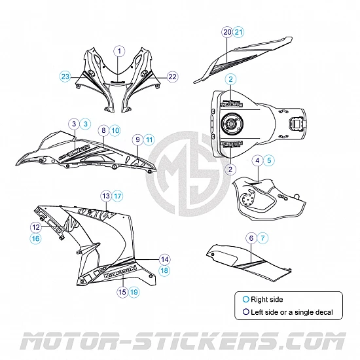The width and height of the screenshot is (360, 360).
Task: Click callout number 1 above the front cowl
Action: [x=120, y=50]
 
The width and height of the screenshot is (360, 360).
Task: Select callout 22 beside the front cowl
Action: [x=172, y=77]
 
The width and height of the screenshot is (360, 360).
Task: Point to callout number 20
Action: [x=226, y=32]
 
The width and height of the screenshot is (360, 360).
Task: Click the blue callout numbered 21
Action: [x=238, y=32]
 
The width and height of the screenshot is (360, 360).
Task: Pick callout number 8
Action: [x=103, y=131]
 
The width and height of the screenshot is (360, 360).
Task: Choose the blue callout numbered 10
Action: [x=115, y=131]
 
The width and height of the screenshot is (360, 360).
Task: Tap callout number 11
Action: [x=149, y=139]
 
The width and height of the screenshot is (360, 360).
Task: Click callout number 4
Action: [x=259, y=160]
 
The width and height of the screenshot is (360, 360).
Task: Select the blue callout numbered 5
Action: [x=270, y=160]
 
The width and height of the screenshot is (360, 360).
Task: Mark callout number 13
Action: [x=105, y=195]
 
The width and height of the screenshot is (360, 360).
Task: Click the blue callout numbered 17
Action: [x=117, y=195]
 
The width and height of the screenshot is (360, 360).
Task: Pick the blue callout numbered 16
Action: [x=35, y=239]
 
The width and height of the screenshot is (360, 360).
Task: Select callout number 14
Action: [x=164, y=259]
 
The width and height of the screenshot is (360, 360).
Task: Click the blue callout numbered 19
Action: [x=134, y=292]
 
